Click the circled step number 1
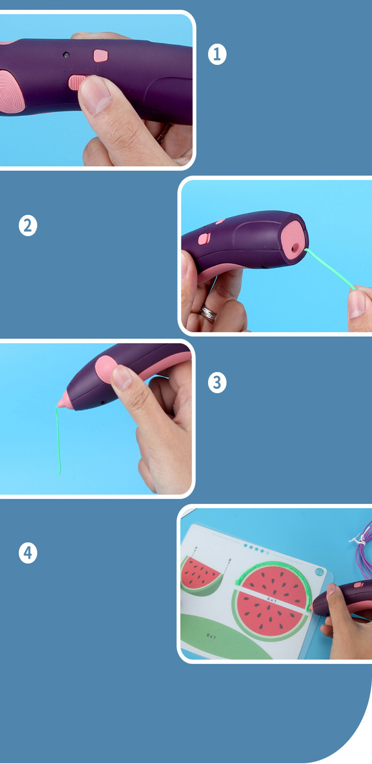point(217,54)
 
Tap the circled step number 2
point(28,225)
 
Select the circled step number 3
point(217,382)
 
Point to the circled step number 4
point(28,552)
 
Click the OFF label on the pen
point(94,69)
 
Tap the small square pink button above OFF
point(100,56)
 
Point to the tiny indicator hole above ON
point(66,55)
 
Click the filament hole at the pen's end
point(295,247)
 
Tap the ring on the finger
point(208,311)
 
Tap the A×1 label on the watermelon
point(272,599)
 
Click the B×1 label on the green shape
point(211,636)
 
